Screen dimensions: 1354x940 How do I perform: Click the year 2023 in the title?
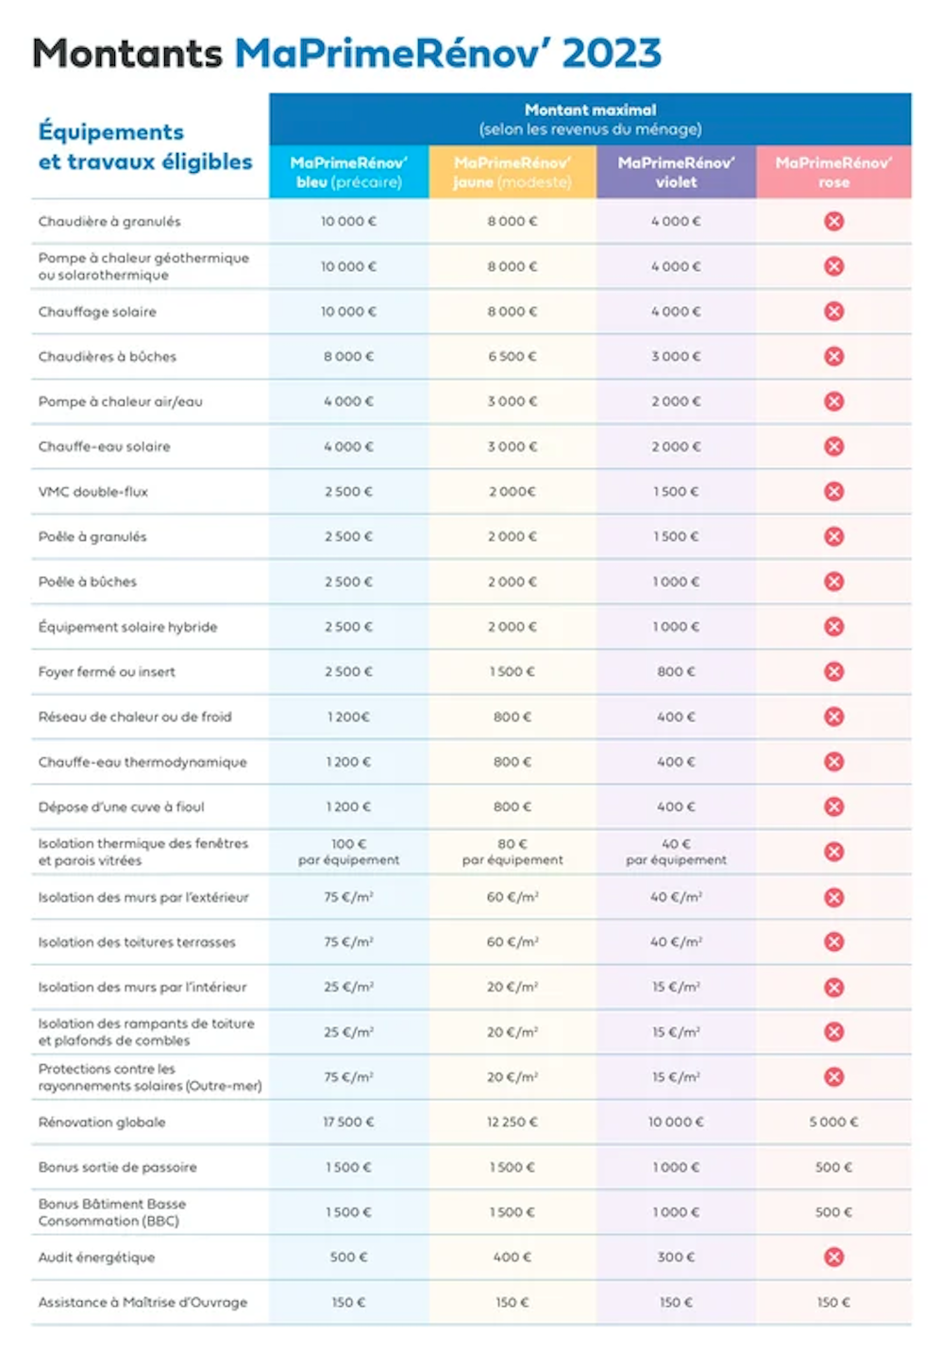pos(612,53)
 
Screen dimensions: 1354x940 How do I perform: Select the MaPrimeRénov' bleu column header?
pos(348,173)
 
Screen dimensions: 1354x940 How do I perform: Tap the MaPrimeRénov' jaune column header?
pos(512,173)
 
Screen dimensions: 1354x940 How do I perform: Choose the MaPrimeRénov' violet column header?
pos(676,173)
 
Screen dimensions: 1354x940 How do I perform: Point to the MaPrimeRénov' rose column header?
pos(833,173)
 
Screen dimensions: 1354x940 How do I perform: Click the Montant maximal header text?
pos(590,110)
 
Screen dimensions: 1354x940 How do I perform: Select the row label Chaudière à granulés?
pos(109,221)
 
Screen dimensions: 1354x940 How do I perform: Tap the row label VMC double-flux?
pos(93,491)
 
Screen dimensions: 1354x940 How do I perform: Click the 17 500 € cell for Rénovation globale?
pos(348,1122)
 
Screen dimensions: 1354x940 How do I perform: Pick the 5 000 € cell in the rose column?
pos(833,1122)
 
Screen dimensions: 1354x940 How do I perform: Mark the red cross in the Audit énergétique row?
pos(833,1257)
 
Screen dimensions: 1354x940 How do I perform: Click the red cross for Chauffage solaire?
pos(833,312)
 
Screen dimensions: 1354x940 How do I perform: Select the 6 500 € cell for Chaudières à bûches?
pos(512,356)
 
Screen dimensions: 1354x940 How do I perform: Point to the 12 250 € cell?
pos(512,1122)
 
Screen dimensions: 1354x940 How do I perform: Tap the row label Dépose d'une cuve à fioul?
pos(122,806)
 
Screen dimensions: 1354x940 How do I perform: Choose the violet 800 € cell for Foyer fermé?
pos(676,671)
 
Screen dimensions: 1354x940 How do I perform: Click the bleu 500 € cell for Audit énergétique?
pos(348,1257)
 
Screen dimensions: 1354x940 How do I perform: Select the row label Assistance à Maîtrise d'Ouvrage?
pos(143,1302)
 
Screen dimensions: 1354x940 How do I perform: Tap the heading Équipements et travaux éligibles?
pos(145,146)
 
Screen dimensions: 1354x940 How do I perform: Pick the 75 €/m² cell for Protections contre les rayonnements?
pos(348,1076)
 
